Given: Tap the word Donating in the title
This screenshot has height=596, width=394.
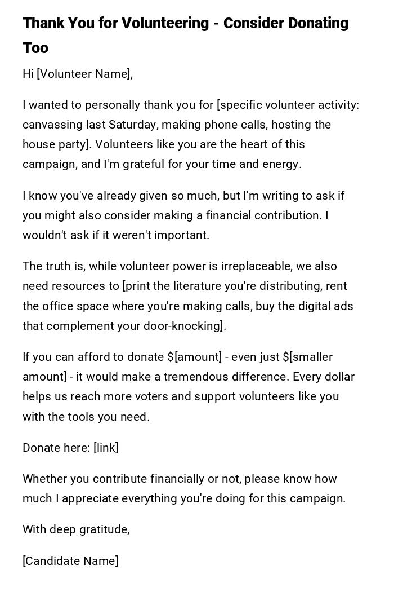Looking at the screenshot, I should (319, 23).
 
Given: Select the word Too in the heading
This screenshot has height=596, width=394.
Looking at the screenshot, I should (35, 48).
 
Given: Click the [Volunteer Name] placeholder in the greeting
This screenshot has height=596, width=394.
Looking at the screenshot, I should (84, 74).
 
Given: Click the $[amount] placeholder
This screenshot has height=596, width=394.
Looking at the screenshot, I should (195, 357).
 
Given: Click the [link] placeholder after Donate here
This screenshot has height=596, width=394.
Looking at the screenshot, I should (106, 448).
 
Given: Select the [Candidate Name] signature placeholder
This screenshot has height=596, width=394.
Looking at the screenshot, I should (70, 561).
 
